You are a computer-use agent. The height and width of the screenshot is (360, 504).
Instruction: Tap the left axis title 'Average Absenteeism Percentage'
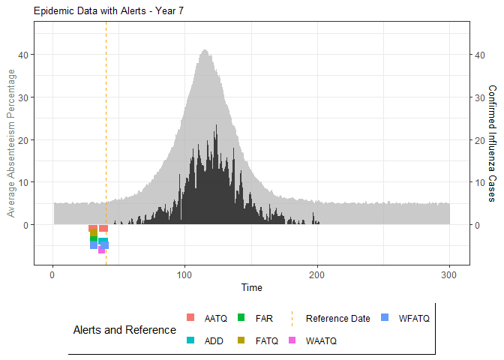[x=11, y=142]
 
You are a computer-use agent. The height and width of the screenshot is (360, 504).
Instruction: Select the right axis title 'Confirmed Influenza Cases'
[x=492, y=142]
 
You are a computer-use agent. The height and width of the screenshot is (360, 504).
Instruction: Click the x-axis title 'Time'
[x=252, y=287]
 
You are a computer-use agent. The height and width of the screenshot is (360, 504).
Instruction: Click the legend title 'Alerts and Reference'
[x=124, y=330]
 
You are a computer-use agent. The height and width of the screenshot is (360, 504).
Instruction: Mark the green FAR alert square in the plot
[x=94, y=239]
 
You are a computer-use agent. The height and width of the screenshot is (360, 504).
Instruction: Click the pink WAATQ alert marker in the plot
[x=102, y=250]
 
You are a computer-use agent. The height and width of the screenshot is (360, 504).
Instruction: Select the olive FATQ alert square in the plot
[x=94, y=234]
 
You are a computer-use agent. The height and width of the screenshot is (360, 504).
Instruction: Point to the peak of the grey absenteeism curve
[x=204, y=50]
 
